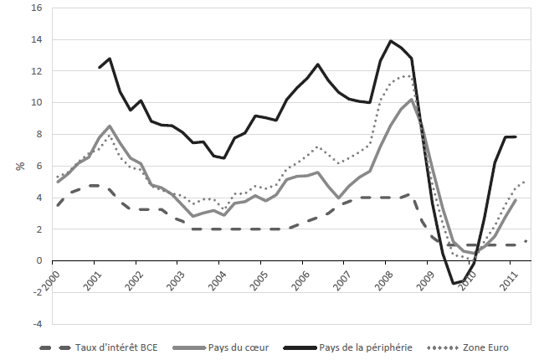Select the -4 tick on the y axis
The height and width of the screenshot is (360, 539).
click(x=35, y=324)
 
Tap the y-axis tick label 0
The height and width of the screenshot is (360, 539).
click(x=38, y=260)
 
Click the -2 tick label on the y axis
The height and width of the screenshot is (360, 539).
click(x=35, y=292)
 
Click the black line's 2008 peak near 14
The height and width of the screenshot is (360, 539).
click(x=391, y=41)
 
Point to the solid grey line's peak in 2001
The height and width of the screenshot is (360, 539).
click(x=110, y=126)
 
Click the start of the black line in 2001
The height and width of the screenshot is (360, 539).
click(x=99, y=68)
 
